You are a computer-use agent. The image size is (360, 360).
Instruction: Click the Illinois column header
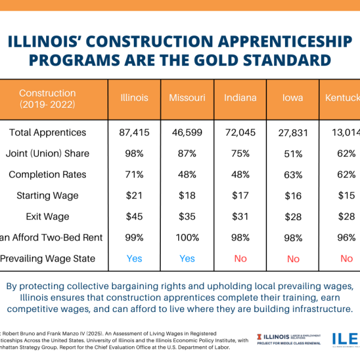tap(134, 98)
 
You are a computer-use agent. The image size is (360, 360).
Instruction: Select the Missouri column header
tap(187, 98)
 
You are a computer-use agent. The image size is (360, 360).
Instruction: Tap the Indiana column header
tap(241, 98)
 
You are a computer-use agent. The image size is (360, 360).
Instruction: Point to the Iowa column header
tap(293, 98)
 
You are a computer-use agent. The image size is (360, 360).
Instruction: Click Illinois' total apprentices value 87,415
tap(134, 133)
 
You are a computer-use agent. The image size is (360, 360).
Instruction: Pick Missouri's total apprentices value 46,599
tap(187, 133)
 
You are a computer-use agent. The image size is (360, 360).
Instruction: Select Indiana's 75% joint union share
tap(241, 154)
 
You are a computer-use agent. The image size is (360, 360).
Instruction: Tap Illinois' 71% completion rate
tap(134, 175)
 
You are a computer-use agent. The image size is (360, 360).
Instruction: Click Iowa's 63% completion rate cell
tap(293, 175)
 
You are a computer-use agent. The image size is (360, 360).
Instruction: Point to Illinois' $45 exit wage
tap(134, 217)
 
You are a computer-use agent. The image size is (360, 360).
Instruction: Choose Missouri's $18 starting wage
tap(187, 196)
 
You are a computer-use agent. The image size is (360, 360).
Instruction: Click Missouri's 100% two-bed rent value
tap(187, 238)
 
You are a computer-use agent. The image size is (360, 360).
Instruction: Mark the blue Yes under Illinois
tap(134, 259)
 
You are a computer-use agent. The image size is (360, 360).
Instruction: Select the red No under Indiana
tap(241, 259)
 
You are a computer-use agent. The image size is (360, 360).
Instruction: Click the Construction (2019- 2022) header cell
tap(48, 98)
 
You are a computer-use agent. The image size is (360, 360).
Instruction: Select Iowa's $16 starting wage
tap(293, 196)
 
